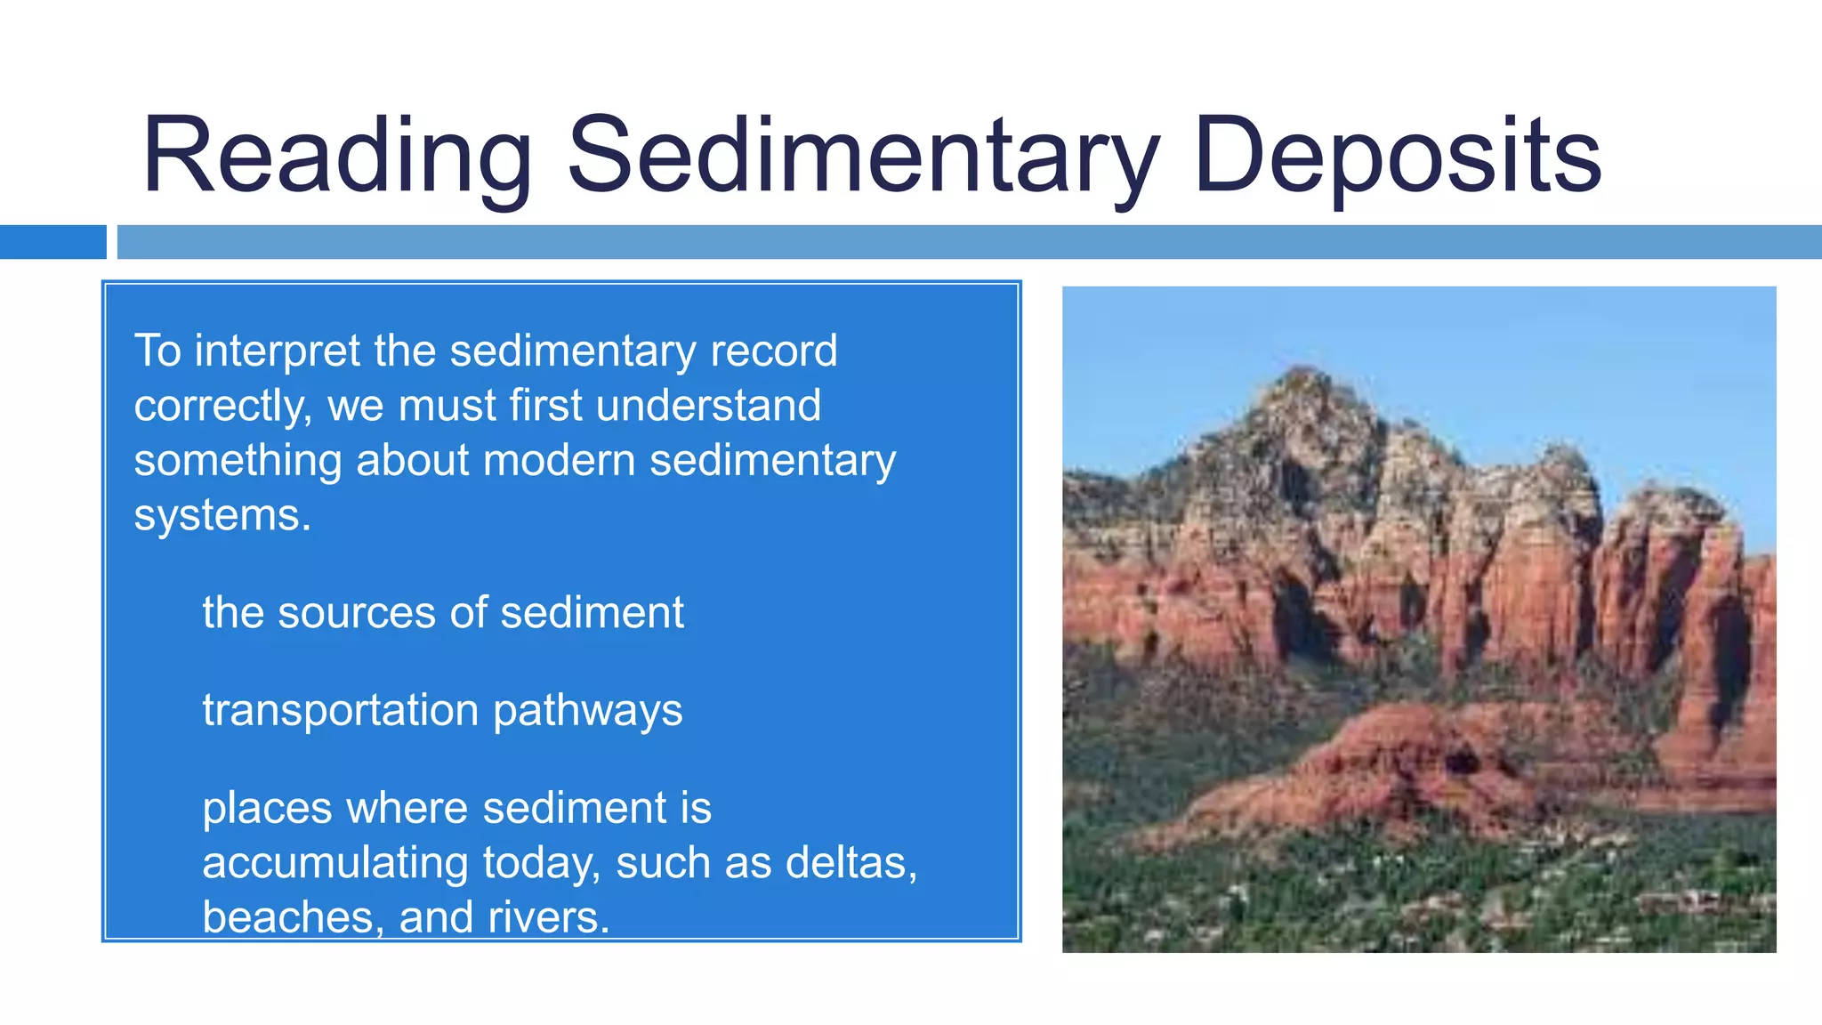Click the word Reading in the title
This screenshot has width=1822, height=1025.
[x=336, y=156]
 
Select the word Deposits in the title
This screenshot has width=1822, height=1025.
[x=1397, y=156]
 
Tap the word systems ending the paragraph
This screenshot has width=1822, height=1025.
[x=222, y=515]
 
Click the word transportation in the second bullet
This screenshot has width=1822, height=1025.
[x=341, y=711]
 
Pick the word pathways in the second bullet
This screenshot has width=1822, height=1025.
[x=587, y=711]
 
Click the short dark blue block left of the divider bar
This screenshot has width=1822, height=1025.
[x=52, y=242]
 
